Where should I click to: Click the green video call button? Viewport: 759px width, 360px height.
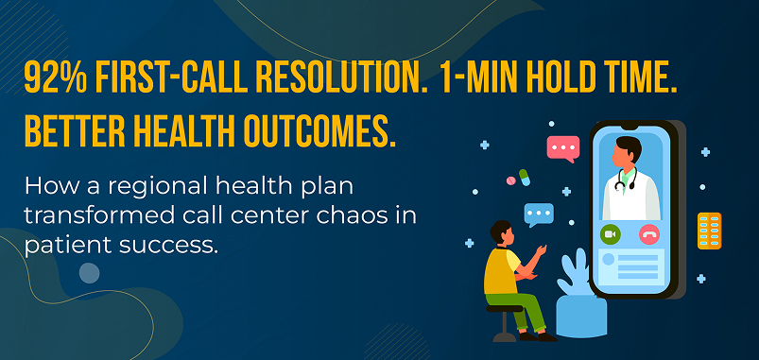click(611, 234)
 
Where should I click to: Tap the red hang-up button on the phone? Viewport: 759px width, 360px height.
click(649, 234)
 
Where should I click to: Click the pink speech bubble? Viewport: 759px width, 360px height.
click(563, 148)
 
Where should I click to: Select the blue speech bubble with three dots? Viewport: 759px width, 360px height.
click(539, 214)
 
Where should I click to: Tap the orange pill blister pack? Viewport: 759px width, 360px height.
click(709, 231)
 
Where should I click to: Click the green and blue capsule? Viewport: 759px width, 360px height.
click(525, 177)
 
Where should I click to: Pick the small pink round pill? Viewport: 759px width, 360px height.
click(510, 180)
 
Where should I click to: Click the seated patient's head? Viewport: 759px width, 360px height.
click(502, 232)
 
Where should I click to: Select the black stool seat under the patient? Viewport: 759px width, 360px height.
click(504, 308)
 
